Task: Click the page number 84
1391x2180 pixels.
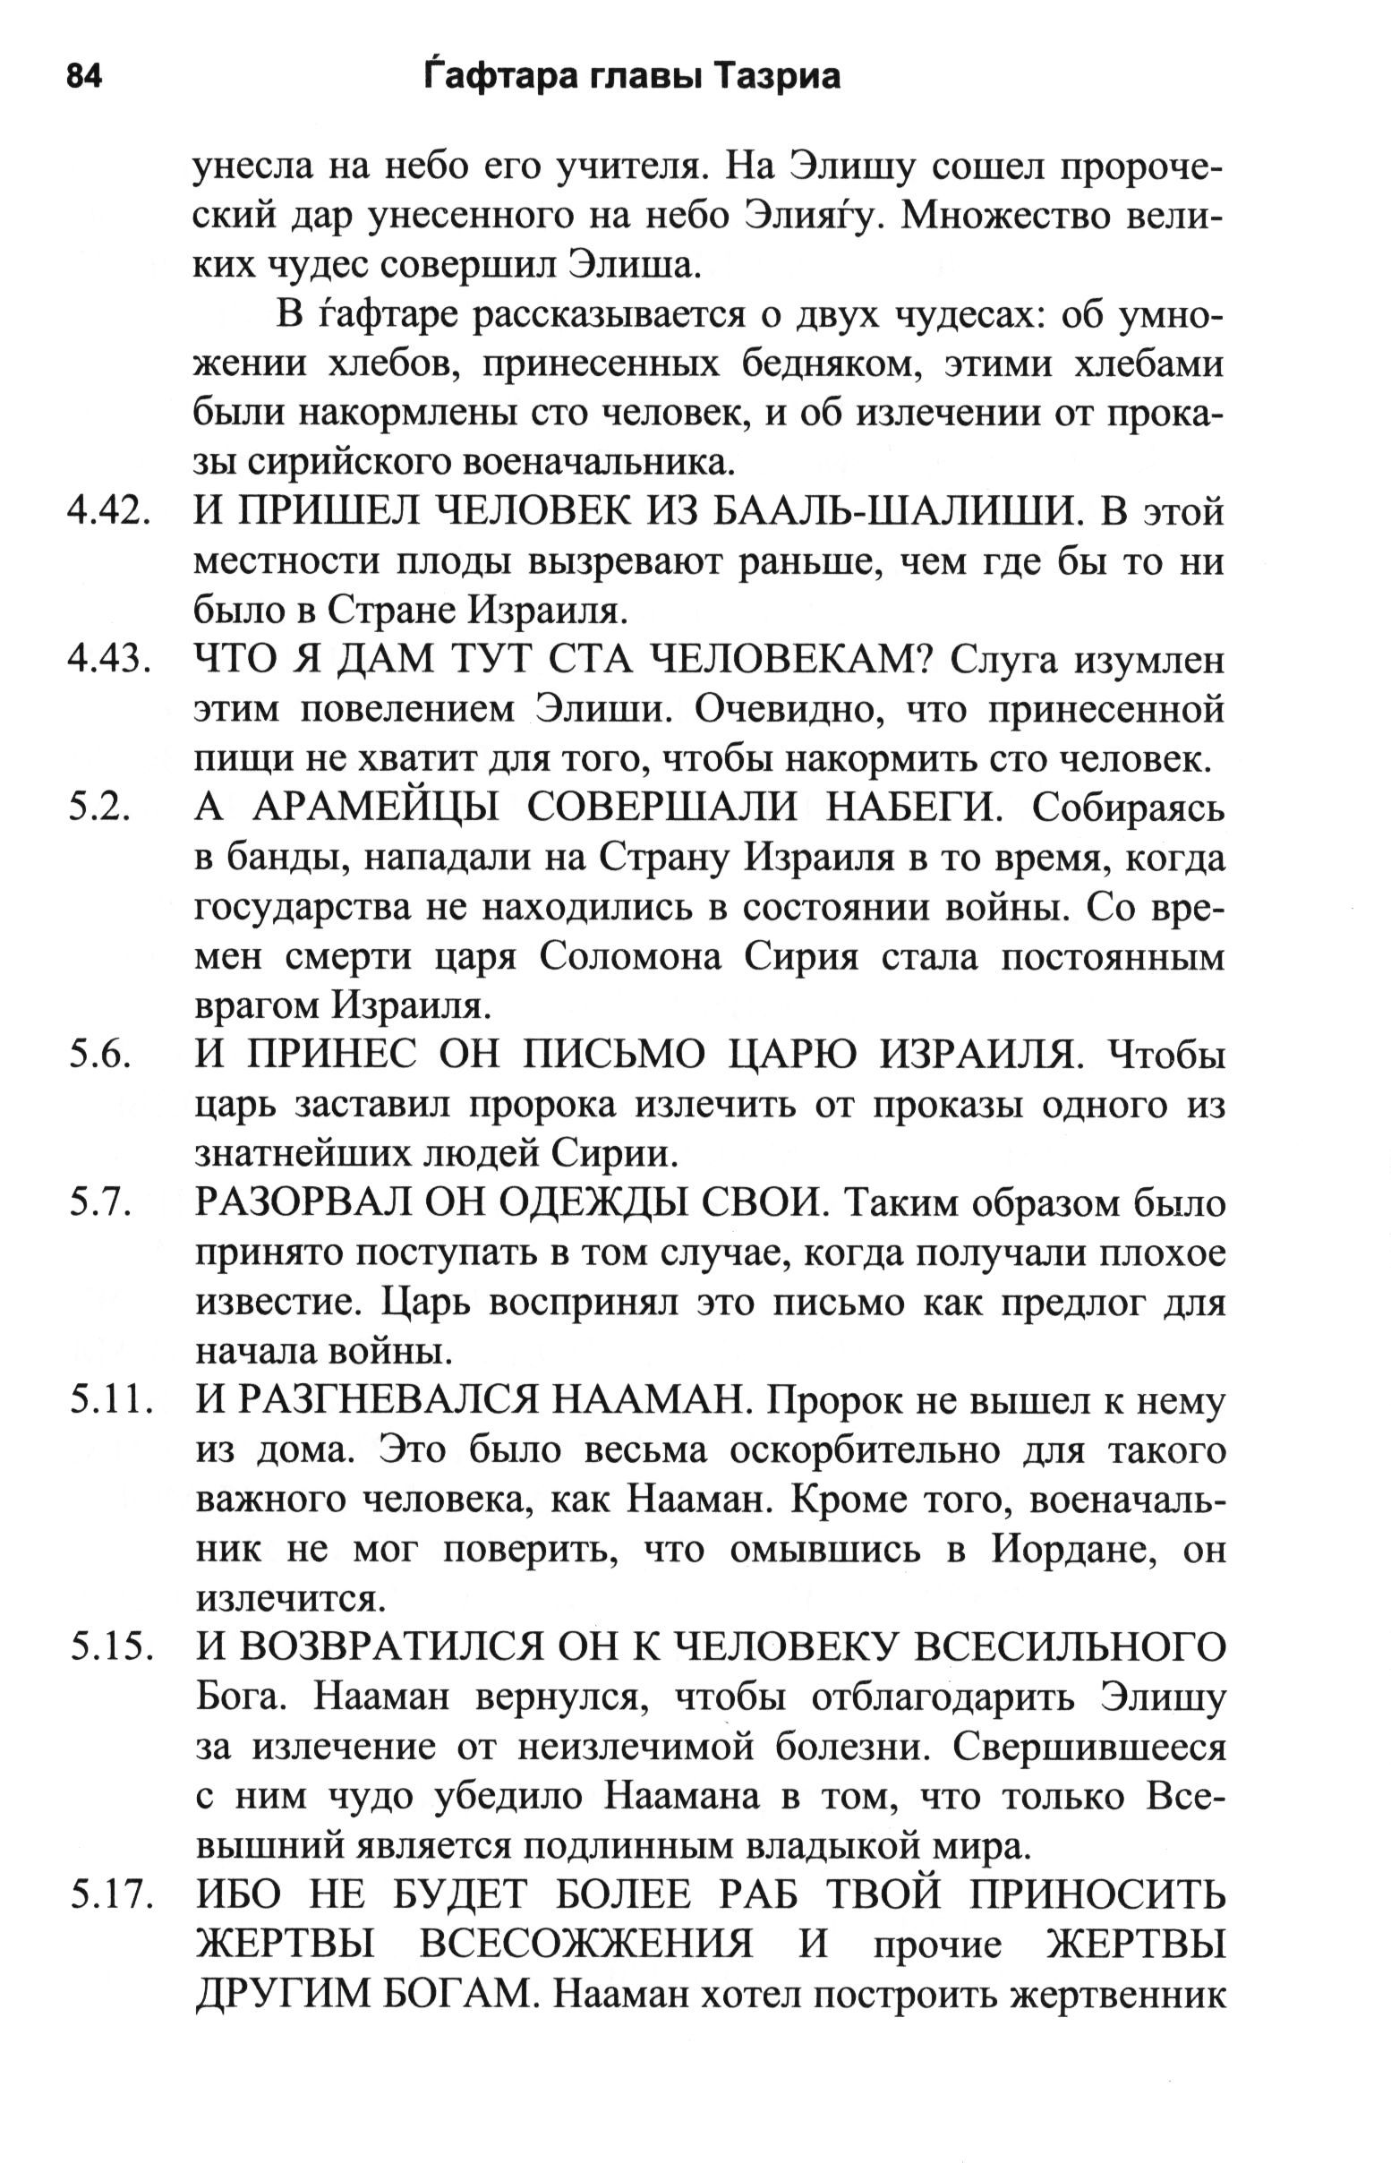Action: click(84, 77)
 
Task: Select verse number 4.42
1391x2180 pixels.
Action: click(107, 512)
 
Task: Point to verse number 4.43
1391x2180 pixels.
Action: click(107, 661)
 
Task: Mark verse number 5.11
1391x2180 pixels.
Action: click(107, 1402)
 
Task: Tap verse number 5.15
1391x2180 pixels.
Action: click(107, 1648)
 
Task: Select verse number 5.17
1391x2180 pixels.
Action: click(107, 1895)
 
